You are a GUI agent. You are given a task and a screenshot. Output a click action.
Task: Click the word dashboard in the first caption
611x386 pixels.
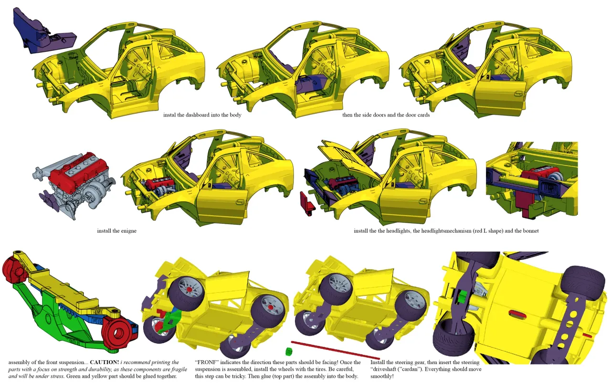click(x=206, y=115)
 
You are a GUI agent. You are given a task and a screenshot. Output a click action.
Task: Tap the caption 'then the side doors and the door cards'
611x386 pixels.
click(x=386, y=115)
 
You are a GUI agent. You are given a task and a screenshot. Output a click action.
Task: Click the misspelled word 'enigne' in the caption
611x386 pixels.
click(x=128, y=231)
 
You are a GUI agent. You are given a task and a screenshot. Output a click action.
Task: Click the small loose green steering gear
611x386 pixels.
click(x=288, y=352)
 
